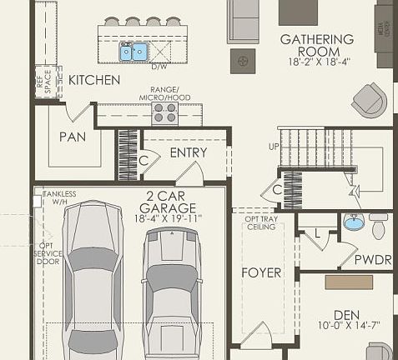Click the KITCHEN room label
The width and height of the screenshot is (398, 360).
click(94, 80)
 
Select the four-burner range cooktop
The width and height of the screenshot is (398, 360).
click(164, 112)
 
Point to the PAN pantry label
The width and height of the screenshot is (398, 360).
click(73, 137)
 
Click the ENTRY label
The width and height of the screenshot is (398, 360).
click(188, 153)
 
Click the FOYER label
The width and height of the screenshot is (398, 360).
click(261, 272)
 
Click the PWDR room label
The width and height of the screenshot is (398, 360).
click(372, 260)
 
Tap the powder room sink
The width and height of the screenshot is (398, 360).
click(355, 222)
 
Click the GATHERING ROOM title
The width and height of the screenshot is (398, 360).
click(316, 39)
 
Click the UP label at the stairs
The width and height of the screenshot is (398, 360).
click(272, 147)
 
